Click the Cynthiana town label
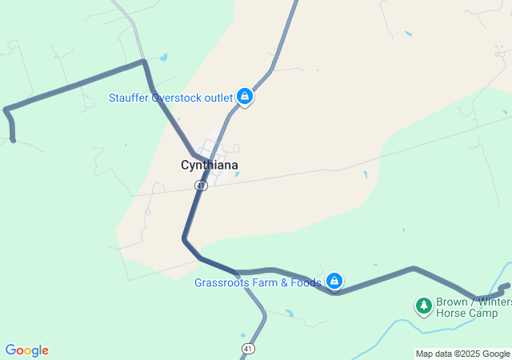[x=209, y=166]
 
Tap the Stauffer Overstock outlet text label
[x=171, y=98]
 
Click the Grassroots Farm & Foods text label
[x=258, y=282]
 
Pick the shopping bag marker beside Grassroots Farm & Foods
[x=335, y=282]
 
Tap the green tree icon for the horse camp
[x=423, y=305]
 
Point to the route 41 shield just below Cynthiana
[x=201, y=185]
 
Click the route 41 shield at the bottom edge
[x=249, y=349]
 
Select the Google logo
[x=27, y=350]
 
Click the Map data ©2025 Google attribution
[x=462, y=354]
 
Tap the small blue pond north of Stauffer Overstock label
[x=164, y=58]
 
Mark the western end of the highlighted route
[x=14, y=140]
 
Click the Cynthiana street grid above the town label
[x=213, y=149]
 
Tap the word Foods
[x=306, y=282]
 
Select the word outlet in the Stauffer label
[x=218, y=98]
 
